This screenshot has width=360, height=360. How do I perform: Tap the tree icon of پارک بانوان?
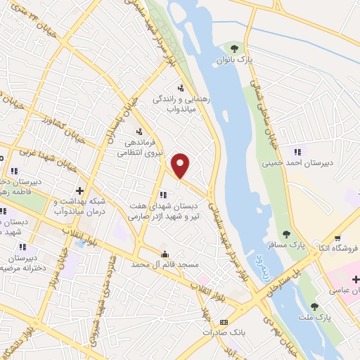click(233, 49)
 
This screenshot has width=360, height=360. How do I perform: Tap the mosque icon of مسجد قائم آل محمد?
click(165, 255)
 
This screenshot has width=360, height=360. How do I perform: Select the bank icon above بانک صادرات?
click(224, 321)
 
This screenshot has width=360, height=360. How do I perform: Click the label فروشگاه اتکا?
click(337, 248)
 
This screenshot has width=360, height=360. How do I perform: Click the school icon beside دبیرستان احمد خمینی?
click(297, 151)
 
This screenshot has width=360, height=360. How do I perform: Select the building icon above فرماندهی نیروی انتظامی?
click(139, 131)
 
